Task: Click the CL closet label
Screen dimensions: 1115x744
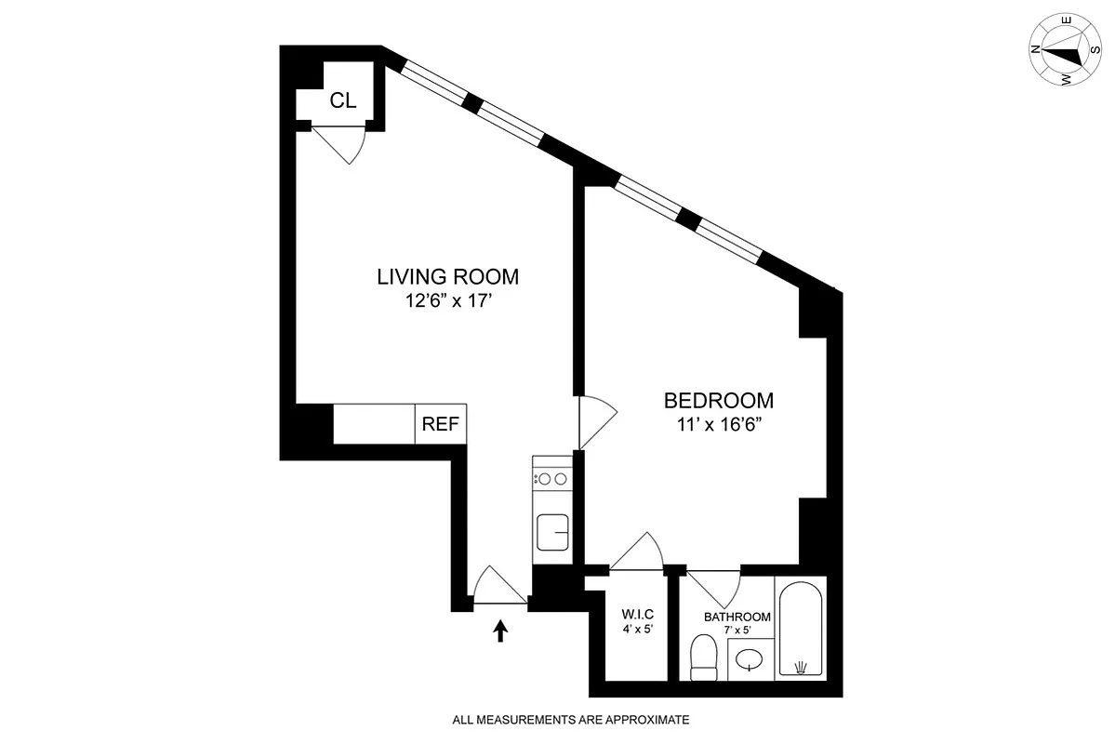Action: click(343, 100)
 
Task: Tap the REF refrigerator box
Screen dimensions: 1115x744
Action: click(441, 424)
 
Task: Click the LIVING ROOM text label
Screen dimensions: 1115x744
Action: click(447, 276)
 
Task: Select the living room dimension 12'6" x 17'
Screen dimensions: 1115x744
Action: click(447, 300)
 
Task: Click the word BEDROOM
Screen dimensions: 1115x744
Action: click(718, 401)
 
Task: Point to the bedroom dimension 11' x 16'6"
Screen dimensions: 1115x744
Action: click(718, 425)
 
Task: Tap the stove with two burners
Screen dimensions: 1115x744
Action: click(551, 478)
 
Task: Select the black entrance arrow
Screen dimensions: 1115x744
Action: click(500, 632)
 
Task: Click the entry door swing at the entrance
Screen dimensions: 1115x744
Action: click(498, 586)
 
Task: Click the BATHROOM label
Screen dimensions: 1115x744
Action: click(737, 617)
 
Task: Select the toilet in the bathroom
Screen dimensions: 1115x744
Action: click(703, 660)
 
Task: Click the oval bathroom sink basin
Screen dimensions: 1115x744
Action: click(750, 661)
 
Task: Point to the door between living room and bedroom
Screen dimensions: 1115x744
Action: click(595, 423)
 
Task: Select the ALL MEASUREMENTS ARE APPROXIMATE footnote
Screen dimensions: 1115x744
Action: click(570, 719)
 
